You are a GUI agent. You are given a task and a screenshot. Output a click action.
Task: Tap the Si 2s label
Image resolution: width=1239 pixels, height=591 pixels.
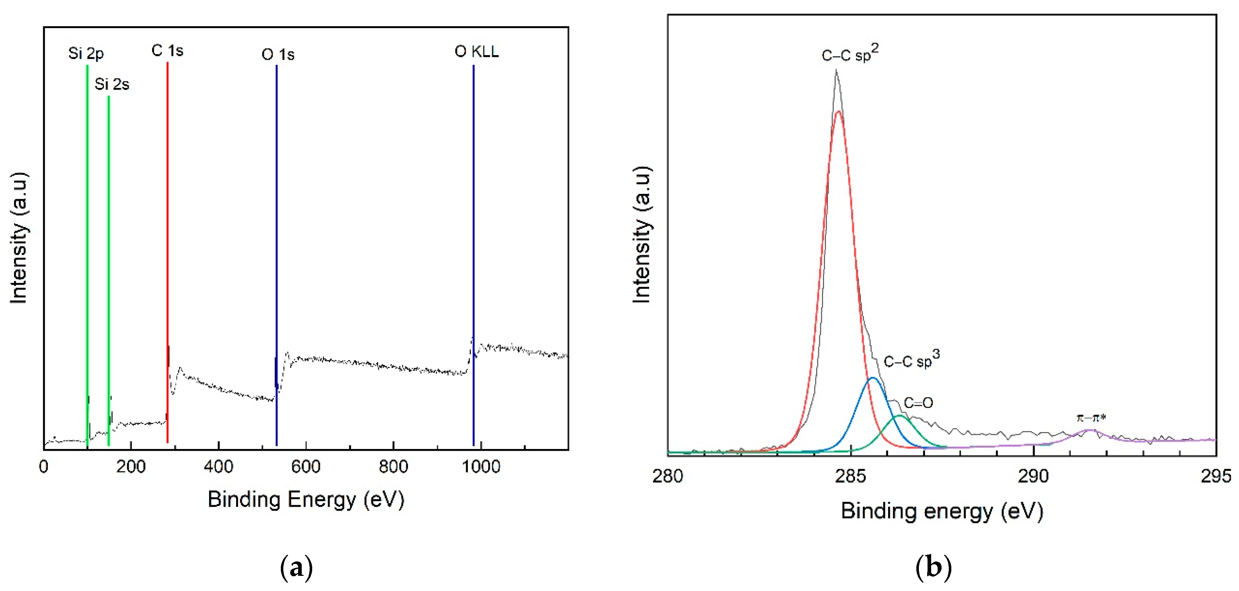pyautogui.click(x=112, y=84)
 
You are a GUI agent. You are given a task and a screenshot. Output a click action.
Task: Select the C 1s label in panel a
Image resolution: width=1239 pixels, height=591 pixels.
pyautogui.click(x=167, y=50)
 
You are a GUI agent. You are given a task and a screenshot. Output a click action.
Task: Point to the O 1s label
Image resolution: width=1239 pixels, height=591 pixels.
pyautogui.click(x=278, y=54)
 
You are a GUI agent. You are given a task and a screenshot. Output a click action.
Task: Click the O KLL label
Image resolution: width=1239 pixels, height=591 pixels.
pyautogui.click(x=476, y=52)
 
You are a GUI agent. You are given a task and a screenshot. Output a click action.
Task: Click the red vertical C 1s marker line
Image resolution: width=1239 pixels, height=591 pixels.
pyautogui.click(x=167, y=240)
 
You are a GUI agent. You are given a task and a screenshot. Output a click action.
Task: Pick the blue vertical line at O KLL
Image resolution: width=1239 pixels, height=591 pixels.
pyautogui.click(x=473, y=240)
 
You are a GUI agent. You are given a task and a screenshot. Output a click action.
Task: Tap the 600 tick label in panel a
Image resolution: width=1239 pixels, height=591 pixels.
pyautogui.click(x=306, y=466)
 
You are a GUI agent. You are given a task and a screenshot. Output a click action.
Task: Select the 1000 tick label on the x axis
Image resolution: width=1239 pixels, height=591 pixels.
pyautogui.click(x=481, y=466)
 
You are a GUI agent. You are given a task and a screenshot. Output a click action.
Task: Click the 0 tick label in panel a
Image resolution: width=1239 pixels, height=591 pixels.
pyautogui.click(x=44, y=466)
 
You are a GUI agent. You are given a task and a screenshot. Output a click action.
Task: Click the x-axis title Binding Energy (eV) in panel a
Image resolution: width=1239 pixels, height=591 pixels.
pyautogui.click(x=306, y=499)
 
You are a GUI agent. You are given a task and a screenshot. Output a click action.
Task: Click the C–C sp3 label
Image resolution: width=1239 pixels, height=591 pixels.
pyautogui.click(x=911, y=360)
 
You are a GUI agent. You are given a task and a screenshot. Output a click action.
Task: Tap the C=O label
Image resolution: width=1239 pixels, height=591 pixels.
pyautogui.click(x=918, y=403)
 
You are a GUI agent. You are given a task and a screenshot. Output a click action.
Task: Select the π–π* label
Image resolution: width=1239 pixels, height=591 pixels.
pyautogui.click(x=1091, y=417)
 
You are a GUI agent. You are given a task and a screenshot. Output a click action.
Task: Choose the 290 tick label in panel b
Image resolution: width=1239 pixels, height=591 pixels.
pyautogui.click(x=1033, y=476)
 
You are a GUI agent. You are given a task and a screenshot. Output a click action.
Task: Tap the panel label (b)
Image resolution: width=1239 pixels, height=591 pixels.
pyautogui.click(x=934, y=568)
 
